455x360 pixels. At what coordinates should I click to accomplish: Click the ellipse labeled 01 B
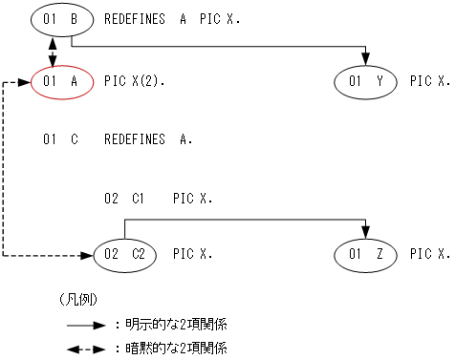(61, 18)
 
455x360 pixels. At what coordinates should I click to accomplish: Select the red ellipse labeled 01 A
(61, 82)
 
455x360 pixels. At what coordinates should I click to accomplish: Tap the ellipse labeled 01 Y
(366, 82)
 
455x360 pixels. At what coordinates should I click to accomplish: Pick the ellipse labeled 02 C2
(124, 254)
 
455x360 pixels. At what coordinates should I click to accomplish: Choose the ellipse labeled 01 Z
(366, 254)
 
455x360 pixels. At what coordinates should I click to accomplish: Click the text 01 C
(60, 139)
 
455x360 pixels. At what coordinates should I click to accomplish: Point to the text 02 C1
(123, 199)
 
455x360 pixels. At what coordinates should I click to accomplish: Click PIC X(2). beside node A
(134, 82)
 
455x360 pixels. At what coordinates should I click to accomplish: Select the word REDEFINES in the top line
(134, 18)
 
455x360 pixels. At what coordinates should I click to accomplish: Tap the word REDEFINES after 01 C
(134, 139)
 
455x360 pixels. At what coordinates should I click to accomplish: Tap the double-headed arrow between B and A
(51, 50)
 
